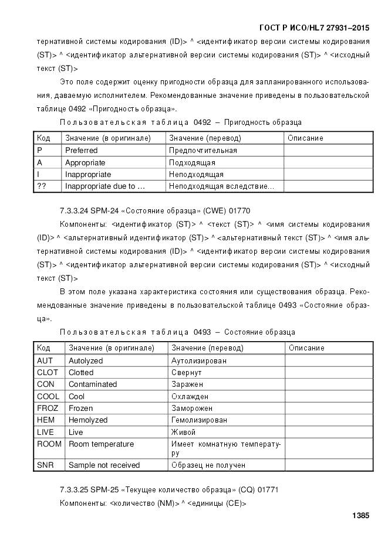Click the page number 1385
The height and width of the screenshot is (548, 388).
[360, 516]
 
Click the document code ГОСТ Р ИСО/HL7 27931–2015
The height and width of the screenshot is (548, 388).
[313, 28]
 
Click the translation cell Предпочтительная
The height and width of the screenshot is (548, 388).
[203, 150]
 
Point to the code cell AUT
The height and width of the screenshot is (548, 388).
[45, 360]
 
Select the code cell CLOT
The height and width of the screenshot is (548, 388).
[47, 372]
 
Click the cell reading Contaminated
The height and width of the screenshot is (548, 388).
[92, 384]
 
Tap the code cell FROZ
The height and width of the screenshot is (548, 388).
[48, 408]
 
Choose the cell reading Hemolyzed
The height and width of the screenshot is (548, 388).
[87, 420]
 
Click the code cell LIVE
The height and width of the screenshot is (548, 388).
[45, 432]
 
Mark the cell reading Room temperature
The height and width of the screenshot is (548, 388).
[101, 444]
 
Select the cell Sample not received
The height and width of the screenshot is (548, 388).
[104, 465]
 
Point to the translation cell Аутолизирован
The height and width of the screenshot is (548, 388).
[198, 360]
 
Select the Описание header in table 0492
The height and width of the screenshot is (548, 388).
[305, 138]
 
